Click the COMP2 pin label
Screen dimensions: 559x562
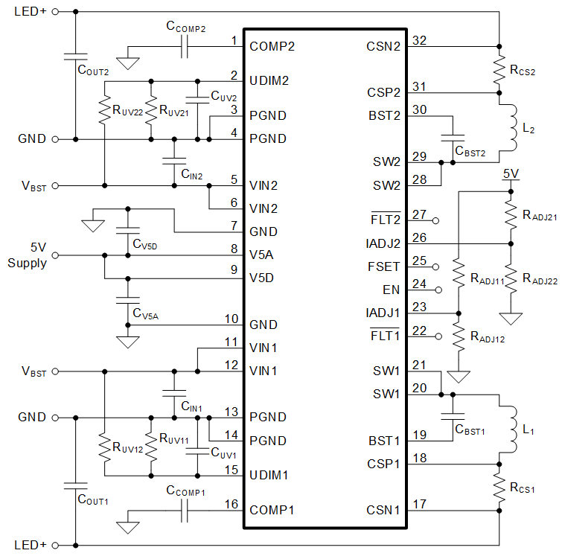[x=272, y=46]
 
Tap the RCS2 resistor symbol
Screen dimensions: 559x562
[x=499, y=69]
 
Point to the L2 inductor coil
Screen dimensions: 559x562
[x=512, y=126]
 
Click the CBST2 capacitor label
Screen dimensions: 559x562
[x=470, y=153]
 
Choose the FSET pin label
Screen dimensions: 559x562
[x=385, y=266]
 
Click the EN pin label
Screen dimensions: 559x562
[x=392, y=290]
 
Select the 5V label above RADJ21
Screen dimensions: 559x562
[x=510, y=174]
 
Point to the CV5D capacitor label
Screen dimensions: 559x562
[x=147, y=243]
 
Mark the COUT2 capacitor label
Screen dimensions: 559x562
[x=93, y=71]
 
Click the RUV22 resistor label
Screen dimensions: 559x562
[x=127, y=111]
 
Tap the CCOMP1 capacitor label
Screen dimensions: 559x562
[x=186, y=492]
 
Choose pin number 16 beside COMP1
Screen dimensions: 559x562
[x=232, y=505]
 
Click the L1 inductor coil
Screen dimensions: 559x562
[x=512, y=429]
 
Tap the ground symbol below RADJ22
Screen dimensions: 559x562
[x=511, y=318]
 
